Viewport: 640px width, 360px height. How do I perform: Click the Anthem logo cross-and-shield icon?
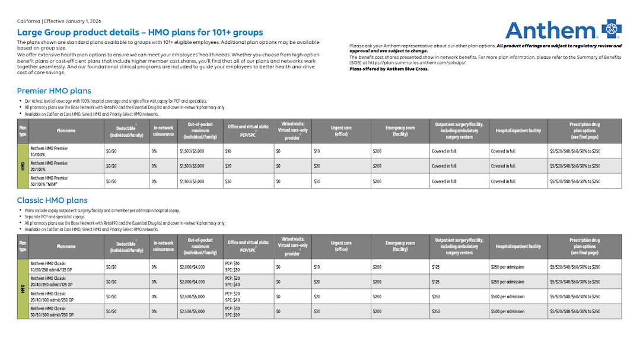(x=611, y=29)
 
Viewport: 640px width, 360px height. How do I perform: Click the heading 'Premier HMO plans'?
(x=54, y=91)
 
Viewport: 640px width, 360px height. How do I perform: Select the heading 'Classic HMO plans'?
(x=52, y=200)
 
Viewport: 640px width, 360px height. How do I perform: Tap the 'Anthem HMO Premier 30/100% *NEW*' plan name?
(x=49, y=181)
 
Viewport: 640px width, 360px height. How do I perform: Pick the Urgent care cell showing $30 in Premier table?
(x=317, y=181)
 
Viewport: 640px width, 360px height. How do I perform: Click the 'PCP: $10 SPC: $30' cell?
(x=233, y=266)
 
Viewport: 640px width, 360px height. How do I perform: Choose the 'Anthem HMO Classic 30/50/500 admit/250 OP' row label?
(x=51, y=311)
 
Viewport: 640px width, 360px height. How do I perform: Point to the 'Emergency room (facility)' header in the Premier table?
(x=400, y=130)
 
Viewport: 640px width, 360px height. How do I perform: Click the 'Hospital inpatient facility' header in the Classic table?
(x=518, y=246)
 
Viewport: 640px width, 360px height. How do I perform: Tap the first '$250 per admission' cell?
(x=507, y=267)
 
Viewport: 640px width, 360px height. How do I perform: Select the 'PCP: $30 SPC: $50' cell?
(x=233, y=311)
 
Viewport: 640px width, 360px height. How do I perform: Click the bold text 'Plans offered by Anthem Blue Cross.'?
(x=389, y=69)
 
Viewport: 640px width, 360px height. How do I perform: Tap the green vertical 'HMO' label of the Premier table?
(x=23, y=166)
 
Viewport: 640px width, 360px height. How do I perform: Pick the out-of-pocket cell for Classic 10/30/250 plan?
(x=192, y=267)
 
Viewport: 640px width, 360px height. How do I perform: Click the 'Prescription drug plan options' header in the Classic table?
(x=584, y=246)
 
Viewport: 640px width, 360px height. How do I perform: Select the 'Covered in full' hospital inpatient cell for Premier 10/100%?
(x=503, y=151)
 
